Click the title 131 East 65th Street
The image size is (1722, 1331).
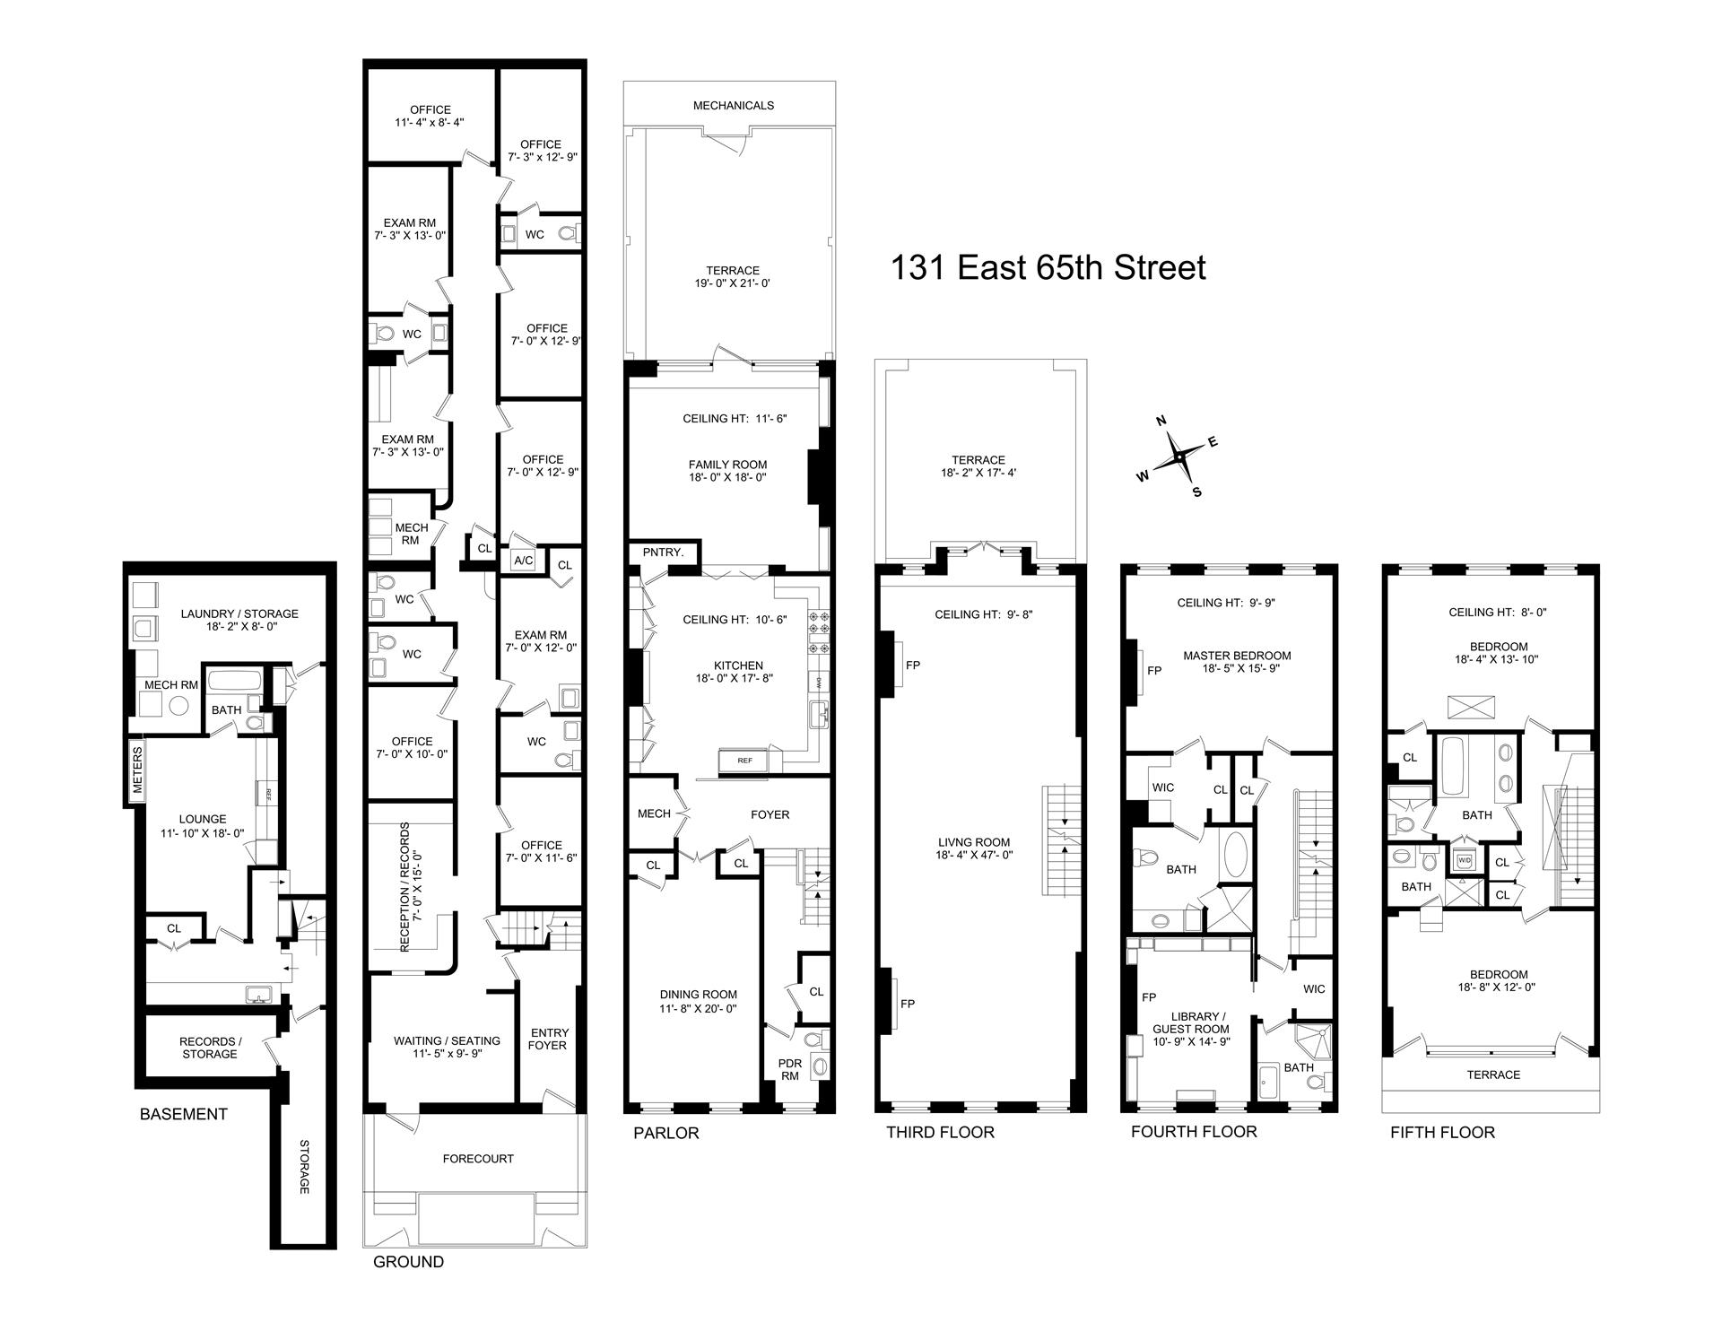point(1048,267)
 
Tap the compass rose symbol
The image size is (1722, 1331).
point(1178,457)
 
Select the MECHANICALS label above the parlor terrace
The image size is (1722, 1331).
point(733,105)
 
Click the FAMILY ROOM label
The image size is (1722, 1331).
point(727,465)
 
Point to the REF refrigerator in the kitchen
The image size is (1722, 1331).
point(744,761)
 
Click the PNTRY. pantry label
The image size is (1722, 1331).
point(663,553)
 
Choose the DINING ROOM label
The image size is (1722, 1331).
point(699,994)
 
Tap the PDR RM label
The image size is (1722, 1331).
point(790,1070)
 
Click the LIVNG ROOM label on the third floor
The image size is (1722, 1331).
point(974,842)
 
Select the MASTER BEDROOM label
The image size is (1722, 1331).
point(1237,656)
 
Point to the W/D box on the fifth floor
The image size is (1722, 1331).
point(1465,859)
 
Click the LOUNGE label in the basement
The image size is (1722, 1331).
point(203,819)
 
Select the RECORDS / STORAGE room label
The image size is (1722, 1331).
point(209,1048)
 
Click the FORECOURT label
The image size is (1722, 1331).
point(478,1159)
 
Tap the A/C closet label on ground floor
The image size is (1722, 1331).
point(523,561)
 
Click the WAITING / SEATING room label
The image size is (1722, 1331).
point(447,1041)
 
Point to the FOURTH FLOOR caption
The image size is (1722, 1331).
point(1194,1132)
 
